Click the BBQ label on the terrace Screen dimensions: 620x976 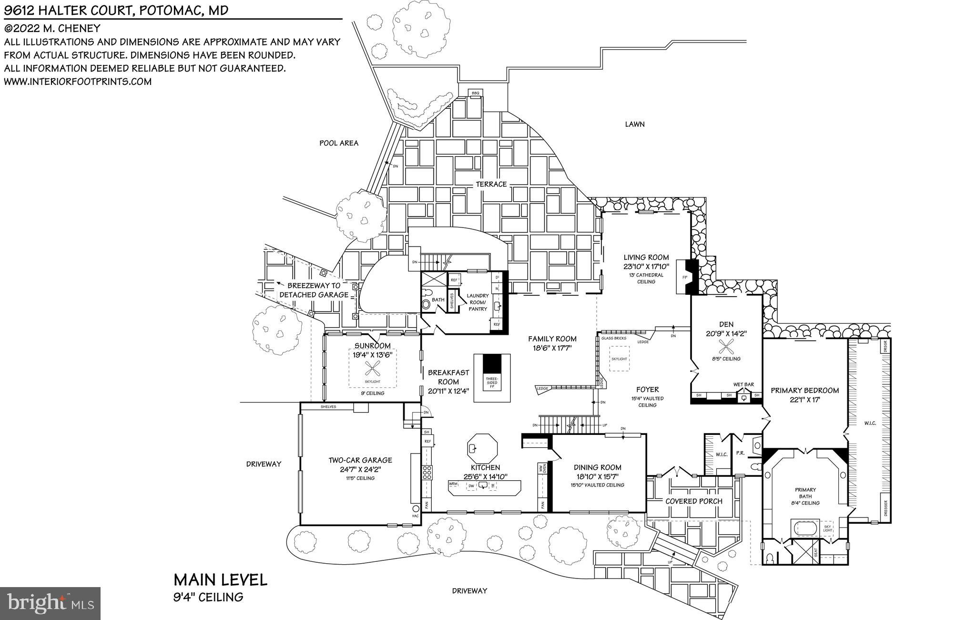475,93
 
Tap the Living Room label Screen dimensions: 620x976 646,258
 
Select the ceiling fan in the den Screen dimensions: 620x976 726,346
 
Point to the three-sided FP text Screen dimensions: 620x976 491,382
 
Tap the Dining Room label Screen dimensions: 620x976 597,467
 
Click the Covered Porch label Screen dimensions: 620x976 693,501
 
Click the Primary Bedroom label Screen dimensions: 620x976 804,390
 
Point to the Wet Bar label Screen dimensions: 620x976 743,384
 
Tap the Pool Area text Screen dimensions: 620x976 338,143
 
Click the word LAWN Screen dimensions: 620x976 634,124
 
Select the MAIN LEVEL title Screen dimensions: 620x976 220,580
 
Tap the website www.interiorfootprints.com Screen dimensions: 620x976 78,82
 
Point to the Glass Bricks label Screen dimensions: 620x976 613,338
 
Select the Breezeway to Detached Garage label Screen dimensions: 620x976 314,290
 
